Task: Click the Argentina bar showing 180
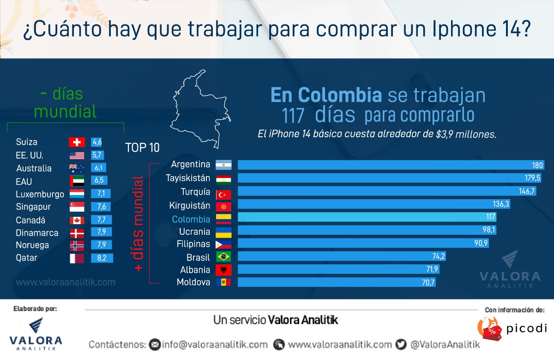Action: (x=391, y=165)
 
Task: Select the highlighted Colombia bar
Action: (x=367, y=217)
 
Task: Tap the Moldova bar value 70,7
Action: (x=428, y=282)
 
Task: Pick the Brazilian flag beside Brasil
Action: (x=223, y=257)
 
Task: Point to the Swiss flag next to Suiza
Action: (x=77, y=142)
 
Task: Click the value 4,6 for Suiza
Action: (x=97, y=142)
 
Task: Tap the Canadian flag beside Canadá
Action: (x=77, y=220)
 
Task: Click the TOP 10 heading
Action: (x=142, y=148)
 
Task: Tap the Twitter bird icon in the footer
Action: (x=401, y=344)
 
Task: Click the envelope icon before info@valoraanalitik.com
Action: (x=155, y=345)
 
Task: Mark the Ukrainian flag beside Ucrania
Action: (x=223, y=231)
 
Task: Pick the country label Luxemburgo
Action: (x=40, y=194)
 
